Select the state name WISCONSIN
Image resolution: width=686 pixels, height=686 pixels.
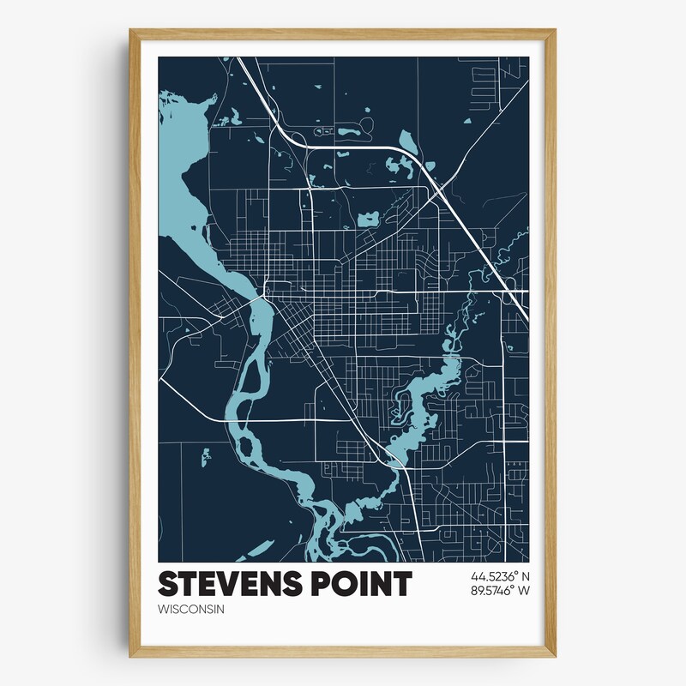click(x=190, y=610)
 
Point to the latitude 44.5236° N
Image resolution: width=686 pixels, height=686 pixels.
click(x=499, y=575)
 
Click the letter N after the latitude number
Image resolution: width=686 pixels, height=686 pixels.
click(x=526, y=575)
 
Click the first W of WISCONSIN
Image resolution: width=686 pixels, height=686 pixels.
click(x=164, y=610)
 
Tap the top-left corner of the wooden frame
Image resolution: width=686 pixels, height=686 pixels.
click(x=132, y=32)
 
